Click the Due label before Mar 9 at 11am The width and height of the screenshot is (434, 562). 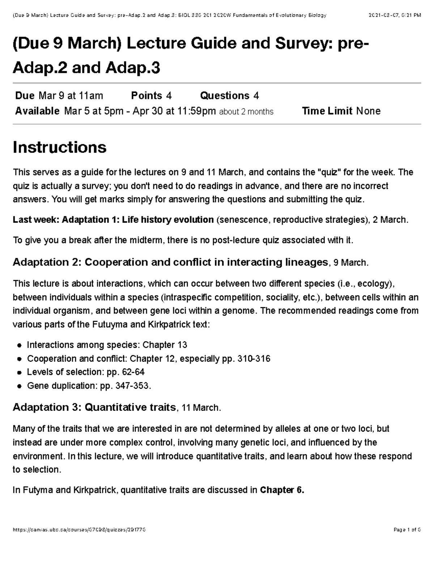25,96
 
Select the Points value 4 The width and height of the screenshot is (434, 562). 169,96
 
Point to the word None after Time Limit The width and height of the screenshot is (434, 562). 368,111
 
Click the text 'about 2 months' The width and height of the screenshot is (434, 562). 246,112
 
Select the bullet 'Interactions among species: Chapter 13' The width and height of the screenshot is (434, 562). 107,345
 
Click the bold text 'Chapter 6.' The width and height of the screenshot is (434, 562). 282,490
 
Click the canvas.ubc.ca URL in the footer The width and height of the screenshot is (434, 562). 79,530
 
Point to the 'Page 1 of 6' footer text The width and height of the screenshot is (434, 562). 407,530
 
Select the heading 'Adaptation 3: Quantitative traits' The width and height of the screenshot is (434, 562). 94,407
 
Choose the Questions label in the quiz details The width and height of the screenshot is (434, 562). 225,96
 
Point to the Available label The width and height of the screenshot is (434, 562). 37,111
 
